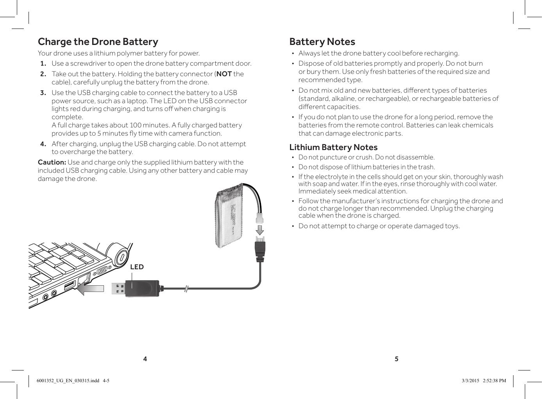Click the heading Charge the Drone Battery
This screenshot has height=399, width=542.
tap(98, 42)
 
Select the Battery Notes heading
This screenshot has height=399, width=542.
tap(322, 42)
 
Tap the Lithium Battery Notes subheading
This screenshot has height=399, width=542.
tap(333, 147)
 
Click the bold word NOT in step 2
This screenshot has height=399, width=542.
tap(224, 74)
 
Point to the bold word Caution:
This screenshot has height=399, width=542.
tap(52, 162)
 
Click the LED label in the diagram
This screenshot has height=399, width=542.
tap(137, 267)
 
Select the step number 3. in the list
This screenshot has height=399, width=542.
tap(43, 93)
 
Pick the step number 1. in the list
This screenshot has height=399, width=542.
tap(43, 63)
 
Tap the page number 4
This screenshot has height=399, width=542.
tap(145, 359)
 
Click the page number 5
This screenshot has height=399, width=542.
tap(396, 359)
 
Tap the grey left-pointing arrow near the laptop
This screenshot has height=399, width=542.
tap(90, 289)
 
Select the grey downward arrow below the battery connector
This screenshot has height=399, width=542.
tap(260, 229)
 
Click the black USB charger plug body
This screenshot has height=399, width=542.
tap(143, 289)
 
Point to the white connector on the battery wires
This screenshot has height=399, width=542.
tap(259, 216)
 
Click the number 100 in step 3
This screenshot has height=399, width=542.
tap(135, 125)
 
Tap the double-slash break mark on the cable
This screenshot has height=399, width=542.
tap(187, 289)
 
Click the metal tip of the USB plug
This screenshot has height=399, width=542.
tap(118, 289)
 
